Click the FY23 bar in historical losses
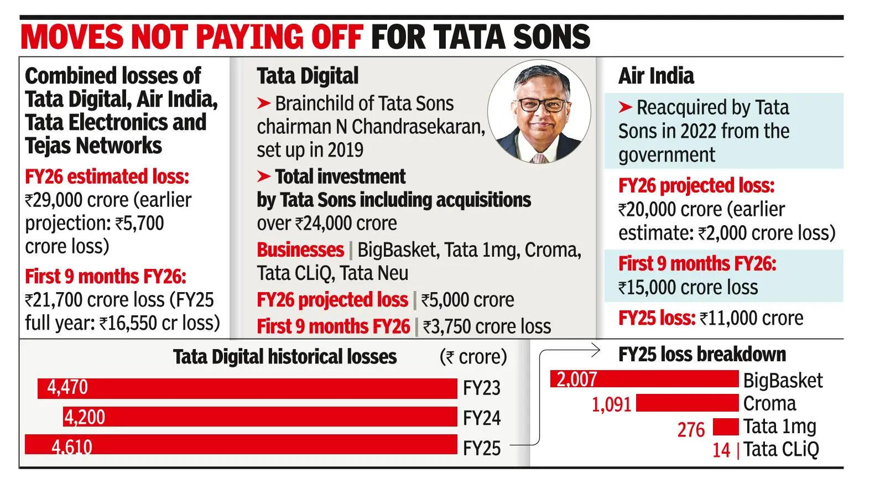click(x=247, y=388)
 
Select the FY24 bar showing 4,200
click(x=260, y=417)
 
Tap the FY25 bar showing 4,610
click(x=241, y=445)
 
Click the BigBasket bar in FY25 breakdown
click(x=644, y=379)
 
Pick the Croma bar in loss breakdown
click(x=687, y=403)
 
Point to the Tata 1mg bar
click(x=726, y=427)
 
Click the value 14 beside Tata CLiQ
click(x=721, y=450)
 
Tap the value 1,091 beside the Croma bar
click(x=611, y=404)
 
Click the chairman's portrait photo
click(x=539, y=112)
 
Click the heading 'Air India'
click(x=656, y=76)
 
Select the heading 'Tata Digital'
click(x=308, y=76)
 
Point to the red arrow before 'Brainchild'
click(x=264, y=103)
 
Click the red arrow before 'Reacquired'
click(x=625, y=107)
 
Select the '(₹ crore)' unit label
click(x=473, y=357)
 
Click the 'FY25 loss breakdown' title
click(x=702, y=354)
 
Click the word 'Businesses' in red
click(x=300, y=250)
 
